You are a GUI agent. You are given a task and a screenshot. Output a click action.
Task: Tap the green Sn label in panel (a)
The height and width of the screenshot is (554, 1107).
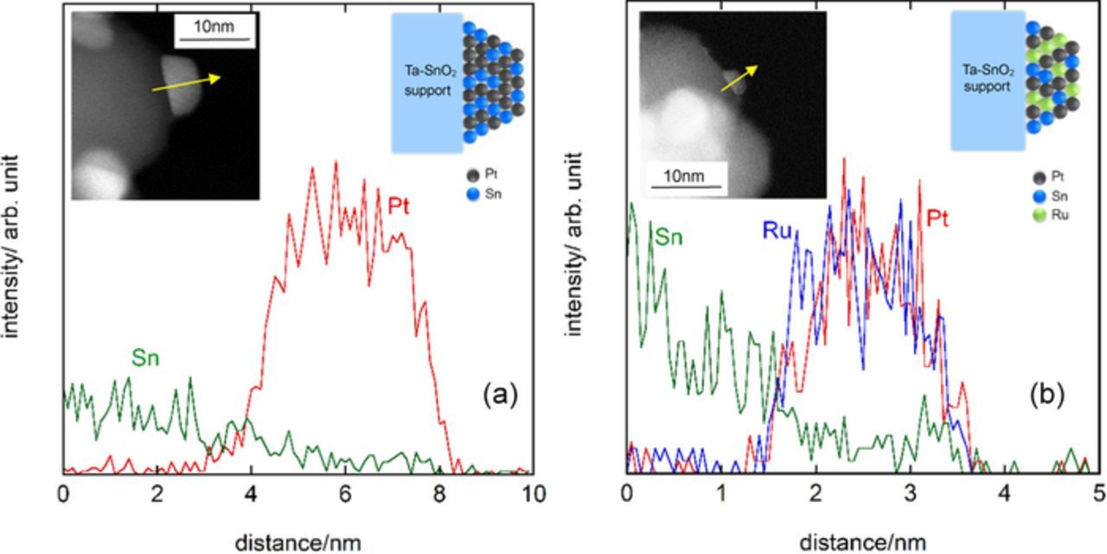click(x=147, y=358)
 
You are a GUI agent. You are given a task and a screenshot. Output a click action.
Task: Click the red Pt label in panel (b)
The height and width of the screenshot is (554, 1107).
click(x=937, y=219)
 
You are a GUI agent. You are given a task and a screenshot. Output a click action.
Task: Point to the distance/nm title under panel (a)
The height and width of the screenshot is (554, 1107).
click(x=298, y=543)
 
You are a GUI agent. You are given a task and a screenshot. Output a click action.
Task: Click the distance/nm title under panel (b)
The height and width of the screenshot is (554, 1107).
click(x=861, y=543)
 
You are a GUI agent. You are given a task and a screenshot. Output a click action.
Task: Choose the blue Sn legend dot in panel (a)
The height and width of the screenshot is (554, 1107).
click(x=469, y=194)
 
